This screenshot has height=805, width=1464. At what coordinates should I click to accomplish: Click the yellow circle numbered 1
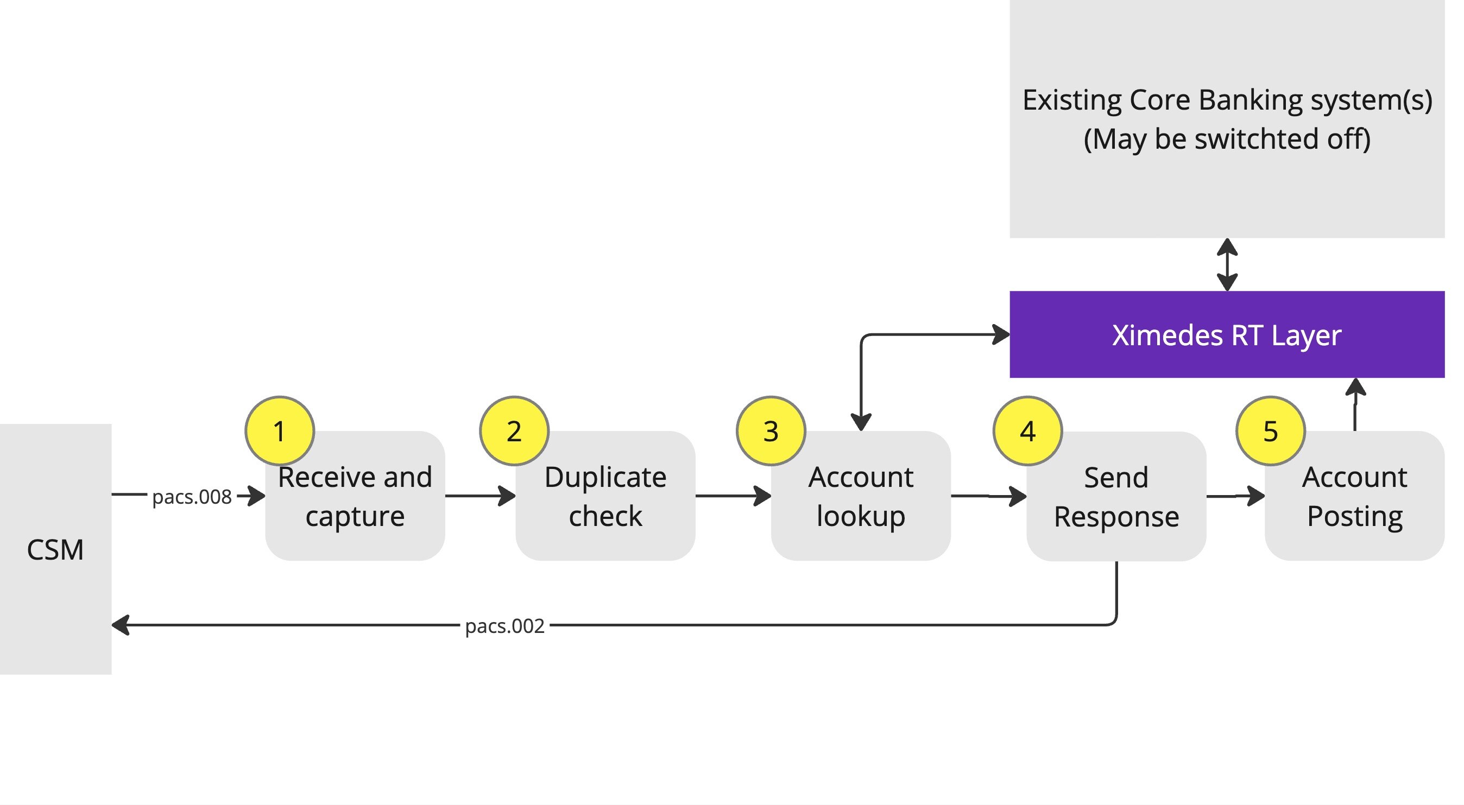click(x=279, y=430)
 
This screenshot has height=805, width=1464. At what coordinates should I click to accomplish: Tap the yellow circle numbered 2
click(x=514, y=430)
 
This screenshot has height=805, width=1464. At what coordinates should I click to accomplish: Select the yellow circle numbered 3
click(x=771, y=430)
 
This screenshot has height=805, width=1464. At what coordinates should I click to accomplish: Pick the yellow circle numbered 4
click(x=1027, y=430)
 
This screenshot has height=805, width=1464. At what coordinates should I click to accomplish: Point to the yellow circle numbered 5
click(x=1270, y=430)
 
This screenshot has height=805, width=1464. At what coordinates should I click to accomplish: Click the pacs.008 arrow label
click(x=192, y=497)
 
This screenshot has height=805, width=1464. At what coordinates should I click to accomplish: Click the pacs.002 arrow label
click(x=504, y=625)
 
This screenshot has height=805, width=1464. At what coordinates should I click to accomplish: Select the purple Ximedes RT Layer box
click(x=1227, y=334)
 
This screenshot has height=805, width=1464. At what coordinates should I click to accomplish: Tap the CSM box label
click(x=55, y=549)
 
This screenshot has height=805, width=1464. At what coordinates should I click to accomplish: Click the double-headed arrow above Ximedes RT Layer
click(x=1227, y=265)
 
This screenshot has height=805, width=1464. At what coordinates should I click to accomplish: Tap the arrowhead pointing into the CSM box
click(x=121, y=625)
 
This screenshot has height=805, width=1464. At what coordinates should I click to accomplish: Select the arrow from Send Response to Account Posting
click(x=1234, y=496)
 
